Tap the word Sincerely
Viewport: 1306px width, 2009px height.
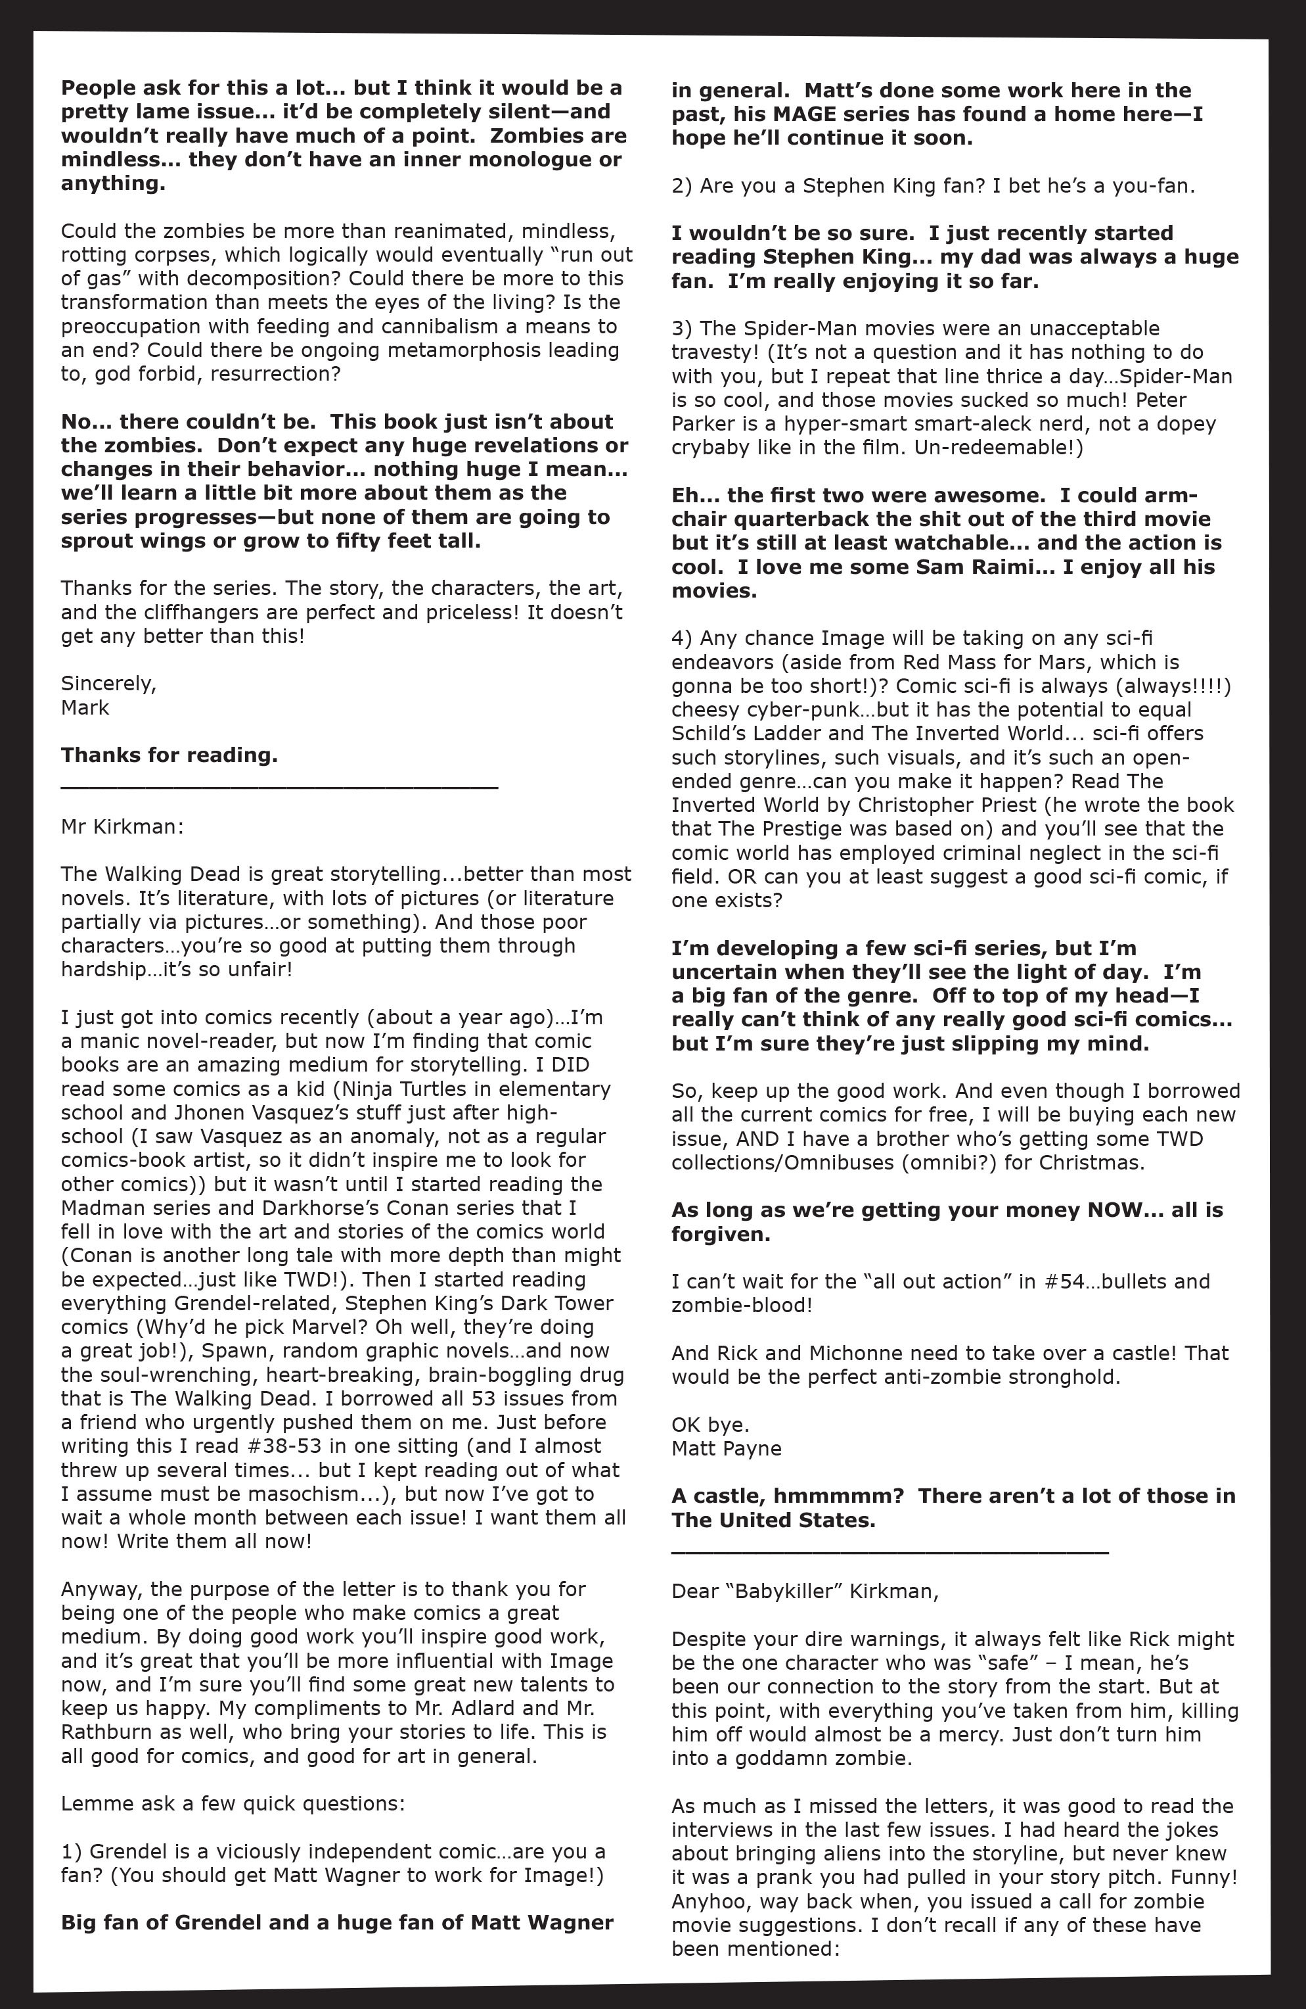(108, 683)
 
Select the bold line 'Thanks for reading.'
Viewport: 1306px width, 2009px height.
(169, 755)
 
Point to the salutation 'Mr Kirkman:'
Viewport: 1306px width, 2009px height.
(122, 826)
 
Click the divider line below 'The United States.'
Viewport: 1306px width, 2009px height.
(889, 1551)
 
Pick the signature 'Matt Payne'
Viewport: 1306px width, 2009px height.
(727, 1448)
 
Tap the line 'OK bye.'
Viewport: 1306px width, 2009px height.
(710, 1425)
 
